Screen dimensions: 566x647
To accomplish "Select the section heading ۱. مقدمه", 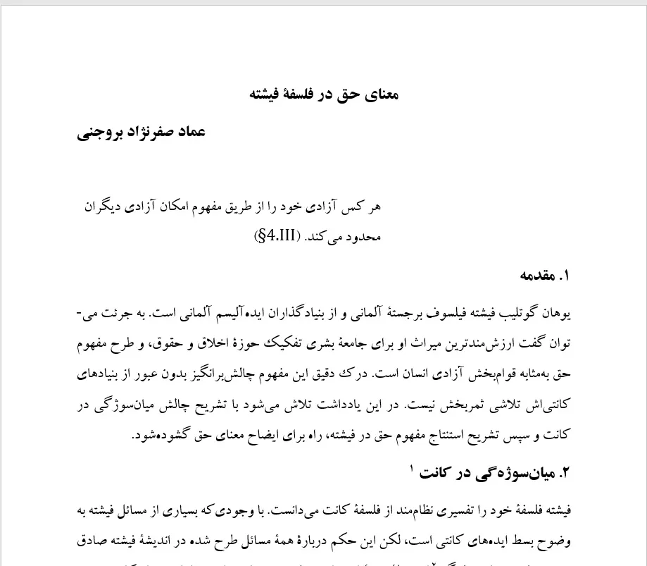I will click(x=544, y=276).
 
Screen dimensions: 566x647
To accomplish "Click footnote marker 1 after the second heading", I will click(x=411, y=467).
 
